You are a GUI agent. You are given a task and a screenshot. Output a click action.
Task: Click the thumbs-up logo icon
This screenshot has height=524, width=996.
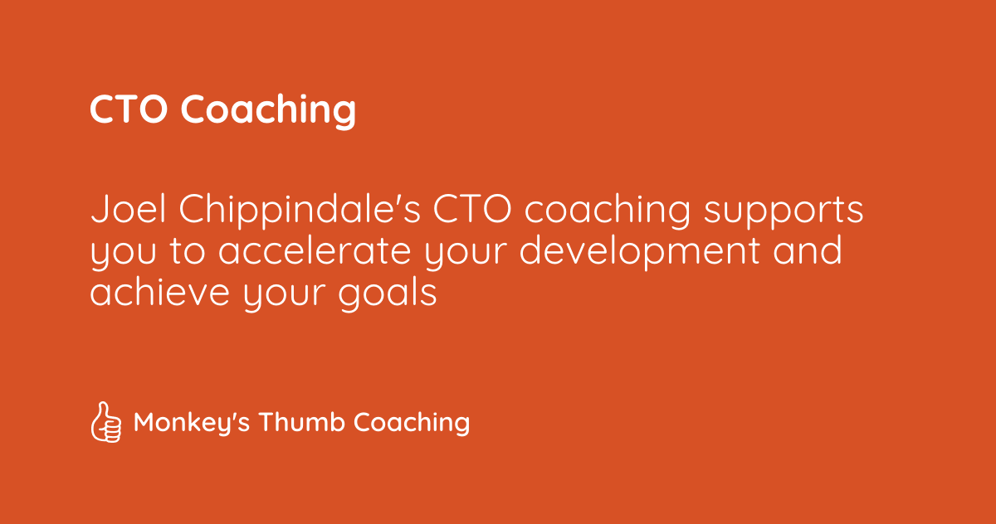coord(105,423)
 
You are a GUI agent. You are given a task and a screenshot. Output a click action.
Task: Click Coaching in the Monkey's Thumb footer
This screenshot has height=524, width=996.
coord(412,424)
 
